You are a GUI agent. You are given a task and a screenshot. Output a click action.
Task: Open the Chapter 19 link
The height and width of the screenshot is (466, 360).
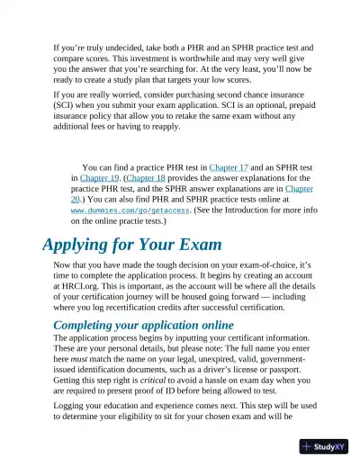[x=100, y=178]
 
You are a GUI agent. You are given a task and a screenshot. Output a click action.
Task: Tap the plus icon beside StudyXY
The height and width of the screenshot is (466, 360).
[x=309, y=446]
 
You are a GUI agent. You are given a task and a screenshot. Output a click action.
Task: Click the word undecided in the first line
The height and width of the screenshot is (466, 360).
[x=122, y=44]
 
